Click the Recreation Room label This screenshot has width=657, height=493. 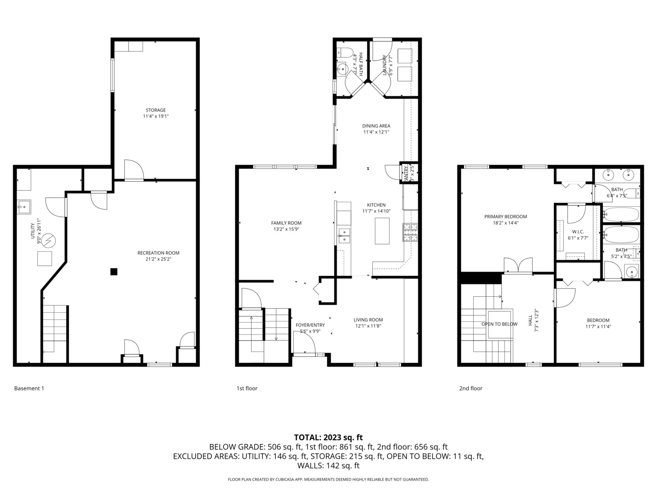coord(158,253)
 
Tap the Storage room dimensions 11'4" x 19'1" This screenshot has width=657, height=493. coord(156,116)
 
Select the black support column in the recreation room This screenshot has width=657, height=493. coord(114,272)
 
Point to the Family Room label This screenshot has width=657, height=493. coord(286,223)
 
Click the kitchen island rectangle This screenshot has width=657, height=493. coord(382,231)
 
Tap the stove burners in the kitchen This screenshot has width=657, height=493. coord(410,232)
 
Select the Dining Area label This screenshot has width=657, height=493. coord(376,126)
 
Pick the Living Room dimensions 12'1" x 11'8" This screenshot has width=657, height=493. coord(368,326)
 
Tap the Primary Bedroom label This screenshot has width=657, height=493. coord(506,217)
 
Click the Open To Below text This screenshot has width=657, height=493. coord(499,324)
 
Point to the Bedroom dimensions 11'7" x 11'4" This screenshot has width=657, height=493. coord(598,326)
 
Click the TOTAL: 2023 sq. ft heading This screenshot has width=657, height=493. coord(328,437)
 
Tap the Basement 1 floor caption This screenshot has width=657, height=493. coord(29,388)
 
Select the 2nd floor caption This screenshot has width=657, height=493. coord(470,388)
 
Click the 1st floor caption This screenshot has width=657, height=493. coord(247,388)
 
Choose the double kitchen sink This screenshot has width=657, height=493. coord(344,235)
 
